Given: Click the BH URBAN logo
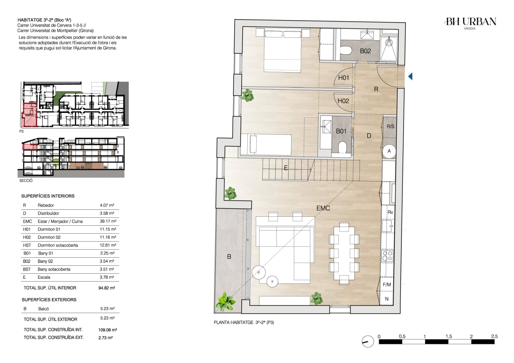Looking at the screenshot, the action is tap(470, 23).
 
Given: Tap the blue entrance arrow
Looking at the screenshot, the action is tap(410, 76).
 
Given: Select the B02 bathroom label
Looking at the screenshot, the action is tap(365, 51).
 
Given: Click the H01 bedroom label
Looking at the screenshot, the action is tap(344, 78).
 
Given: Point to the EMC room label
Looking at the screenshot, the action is tap(323, 208).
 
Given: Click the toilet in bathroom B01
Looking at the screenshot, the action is tap(342, 147).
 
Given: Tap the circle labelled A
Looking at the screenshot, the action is tap(389, 151).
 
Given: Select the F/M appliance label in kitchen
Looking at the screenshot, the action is tap(387, 285).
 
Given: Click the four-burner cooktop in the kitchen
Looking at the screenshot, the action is tap(388, 256).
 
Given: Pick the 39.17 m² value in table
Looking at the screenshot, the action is tap(108, 221).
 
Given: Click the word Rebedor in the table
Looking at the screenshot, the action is tap(46, 205).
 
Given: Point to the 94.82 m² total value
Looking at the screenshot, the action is tap(107, 288).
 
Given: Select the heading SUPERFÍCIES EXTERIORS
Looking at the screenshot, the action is tap(49, 300).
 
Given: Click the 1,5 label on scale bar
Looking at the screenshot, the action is tap(449, 337).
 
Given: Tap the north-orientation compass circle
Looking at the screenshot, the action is tap(368, 342).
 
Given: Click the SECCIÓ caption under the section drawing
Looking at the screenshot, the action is tap(26, 180).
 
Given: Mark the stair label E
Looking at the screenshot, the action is tap(286, 168).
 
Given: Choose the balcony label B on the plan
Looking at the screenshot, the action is tap(229, 257).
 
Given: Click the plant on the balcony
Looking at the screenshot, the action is tap(226, 302).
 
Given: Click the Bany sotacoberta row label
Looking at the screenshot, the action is tap(54, 269).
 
